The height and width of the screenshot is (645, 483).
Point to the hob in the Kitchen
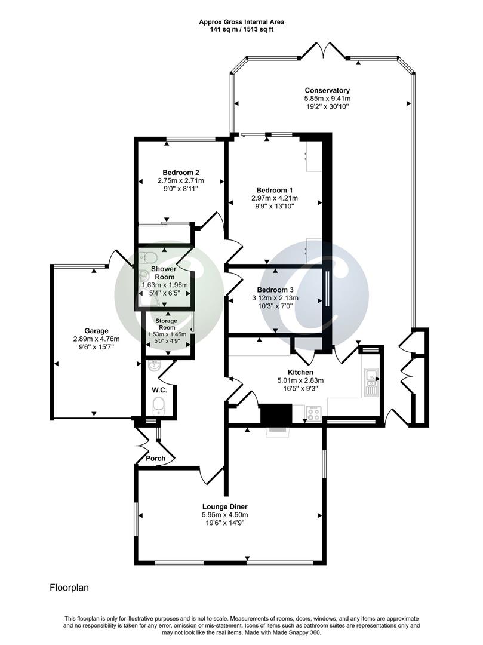[x=313, y=413]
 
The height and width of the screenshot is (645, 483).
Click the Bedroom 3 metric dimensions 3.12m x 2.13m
[x=276, y=298]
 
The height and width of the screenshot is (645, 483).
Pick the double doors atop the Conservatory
[x=322, y=51]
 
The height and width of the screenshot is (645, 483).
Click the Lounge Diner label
[x=224, y=506]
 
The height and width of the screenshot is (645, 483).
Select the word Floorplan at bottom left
[x=69, y=588]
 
